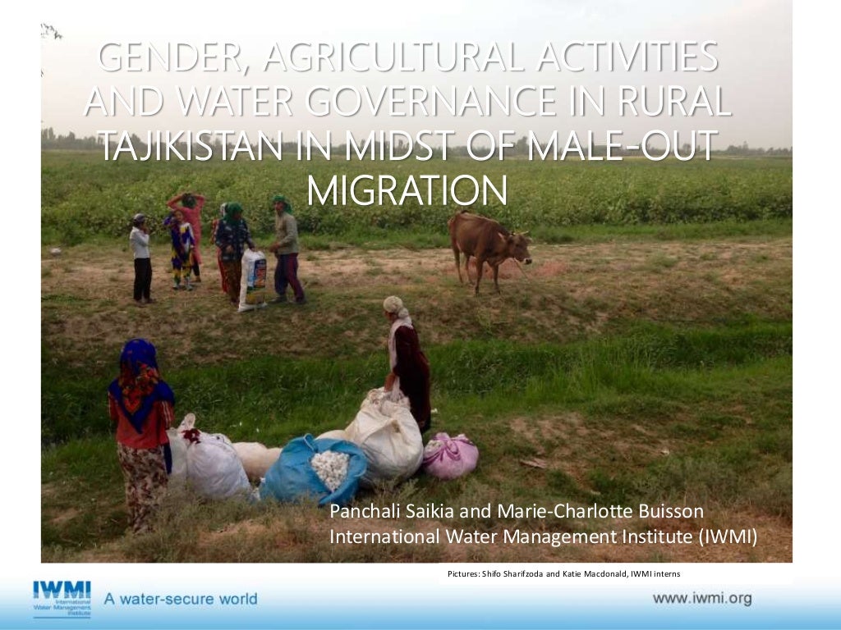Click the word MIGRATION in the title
pyautogui.click(x=406, y=189)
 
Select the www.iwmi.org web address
pyautogui.click(x=701, y=598)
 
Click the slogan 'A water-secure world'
pyautogui.click(x=181, y=599)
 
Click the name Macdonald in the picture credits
pyautogui.click(x=604, y=573)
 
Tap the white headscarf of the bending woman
pyautogui.click(x=394, y=304)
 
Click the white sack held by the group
pyautogui.click(x=252, y=280)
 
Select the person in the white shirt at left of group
pyautogui.click(x=141, y=256)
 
